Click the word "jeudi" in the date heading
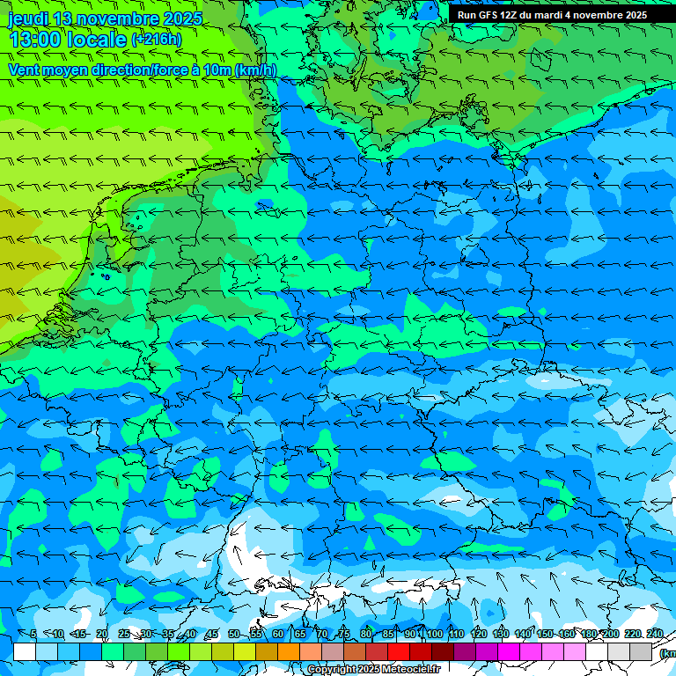click(x=27, y=18)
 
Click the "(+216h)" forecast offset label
click(x=156, y=40)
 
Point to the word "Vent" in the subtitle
click(x=26, y=70)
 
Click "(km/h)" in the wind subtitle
click(x=255, y=70)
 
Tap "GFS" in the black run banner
click(x=497, y=15)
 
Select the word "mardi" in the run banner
click(x=560, y=15)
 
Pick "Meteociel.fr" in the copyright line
click(x=410, y=670)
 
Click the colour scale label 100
click(x=435, y=635)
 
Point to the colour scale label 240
click(x=655, y=635)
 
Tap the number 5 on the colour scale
click(x=33, y=635)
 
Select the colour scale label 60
click(x=278, y=635)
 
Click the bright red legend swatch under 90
click(x=399, y=652)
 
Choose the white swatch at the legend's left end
click(x=25, y=652)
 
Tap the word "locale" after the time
click(x=97, y=40)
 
